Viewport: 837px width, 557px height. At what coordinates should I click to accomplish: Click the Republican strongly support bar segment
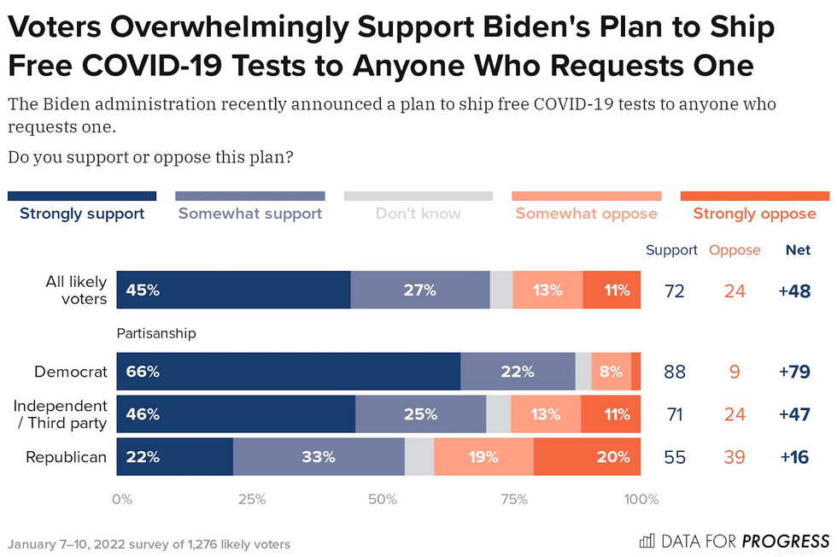174,457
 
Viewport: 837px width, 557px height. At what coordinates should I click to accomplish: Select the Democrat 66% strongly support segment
288,372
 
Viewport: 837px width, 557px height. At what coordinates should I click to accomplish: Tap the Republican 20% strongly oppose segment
588,457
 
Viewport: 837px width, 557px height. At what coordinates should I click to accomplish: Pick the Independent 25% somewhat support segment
420,414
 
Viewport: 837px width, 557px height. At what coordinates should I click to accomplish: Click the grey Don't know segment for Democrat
583,372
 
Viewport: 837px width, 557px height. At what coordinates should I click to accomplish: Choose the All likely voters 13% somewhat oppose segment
547,290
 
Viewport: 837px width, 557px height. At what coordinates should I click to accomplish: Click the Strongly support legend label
82,214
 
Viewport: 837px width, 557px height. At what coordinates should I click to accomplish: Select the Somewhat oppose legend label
586,214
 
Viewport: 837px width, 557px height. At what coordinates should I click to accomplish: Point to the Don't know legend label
418,214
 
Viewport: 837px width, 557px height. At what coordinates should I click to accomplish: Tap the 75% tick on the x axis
514,500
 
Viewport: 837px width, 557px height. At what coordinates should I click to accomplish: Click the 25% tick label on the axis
252,500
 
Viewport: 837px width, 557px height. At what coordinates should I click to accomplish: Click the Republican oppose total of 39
735,457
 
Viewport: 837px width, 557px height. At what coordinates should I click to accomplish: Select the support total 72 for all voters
675,290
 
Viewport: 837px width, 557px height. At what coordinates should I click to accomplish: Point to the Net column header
798,250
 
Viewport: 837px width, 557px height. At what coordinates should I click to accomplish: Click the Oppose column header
735,250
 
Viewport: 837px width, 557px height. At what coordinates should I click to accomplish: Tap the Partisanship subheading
156,333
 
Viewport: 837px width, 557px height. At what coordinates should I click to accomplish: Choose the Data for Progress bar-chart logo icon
647,541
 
